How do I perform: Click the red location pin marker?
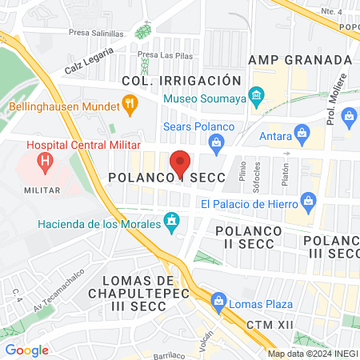click(x=181, y=162)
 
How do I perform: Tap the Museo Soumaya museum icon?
click(x=256, y=98)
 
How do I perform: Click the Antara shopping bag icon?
click(x=302, y=131)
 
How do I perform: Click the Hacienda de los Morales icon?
click(x=171, y=220)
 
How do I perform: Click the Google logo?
click(x=26, y=350)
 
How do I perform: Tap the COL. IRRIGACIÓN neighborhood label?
click(x=181, y=81)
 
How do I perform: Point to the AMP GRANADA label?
click(x=300, y=60)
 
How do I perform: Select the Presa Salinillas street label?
click(x=96, y=34)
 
